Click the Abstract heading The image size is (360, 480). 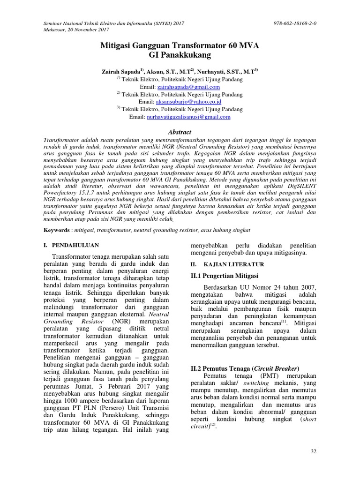tap(180, 132)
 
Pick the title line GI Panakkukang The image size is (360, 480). tap(180, 55)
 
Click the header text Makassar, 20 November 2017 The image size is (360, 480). tap(76, 29)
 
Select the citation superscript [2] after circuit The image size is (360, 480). tap(212, 425)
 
